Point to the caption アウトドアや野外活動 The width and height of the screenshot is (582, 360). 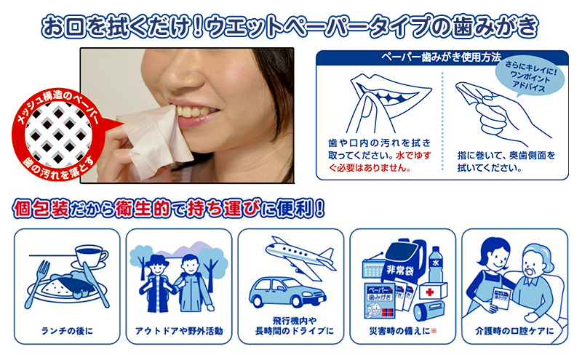[x=179, y=332]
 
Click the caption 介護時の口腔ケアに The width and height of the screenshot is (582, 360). [x=514, y=332]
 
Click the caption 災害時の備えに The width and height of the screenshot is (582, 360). [x=402, y=332]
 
